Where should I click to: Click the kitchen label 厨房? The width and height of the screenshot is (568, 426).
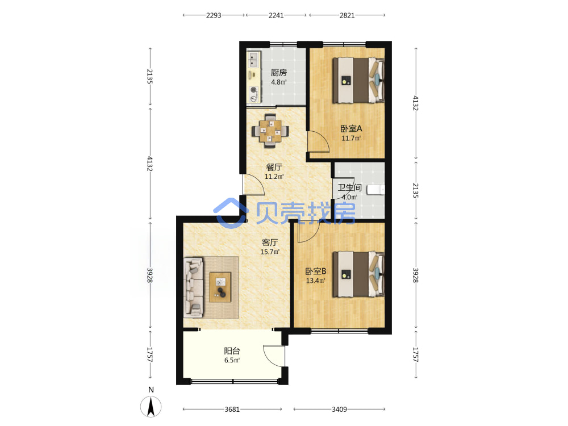(x=278, y=73)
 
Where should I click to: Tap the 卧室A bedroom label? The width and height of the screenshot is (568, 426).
(x=351, y=128)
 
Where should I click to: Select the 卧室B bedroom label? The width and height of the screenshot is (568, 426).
(x=316, y=271)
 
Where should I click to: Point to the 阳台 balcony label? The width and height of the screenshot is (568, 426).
(x=232, y=350)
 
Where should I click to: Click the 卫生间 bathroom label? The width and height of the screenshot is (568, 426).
(x=349, y=187)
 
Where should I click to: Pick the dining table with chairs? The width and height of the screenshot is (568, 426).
(x=270, y=131)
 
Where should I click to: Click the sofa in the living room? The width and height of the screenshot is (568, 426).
(x=193, y=287)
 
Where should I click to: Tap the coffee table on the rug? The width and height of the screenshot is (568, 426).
(x=220, y=287)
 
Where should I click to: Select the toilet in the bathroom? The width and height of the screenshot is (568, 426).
(x=375, y=190)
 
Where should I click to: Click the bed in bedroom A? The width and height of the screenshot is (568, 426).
(x=358, y=80)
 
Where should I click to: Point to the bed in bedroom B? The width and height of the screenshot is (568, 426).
(x=358, y=274)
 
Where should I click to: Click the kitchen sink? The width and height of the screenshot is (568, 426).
(x=254, y=60)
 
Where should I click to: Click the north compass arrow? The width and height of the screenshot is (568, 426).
(x=151, y=407)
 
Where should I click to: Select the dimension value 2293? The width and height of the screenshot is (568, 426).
(x=214, y=15)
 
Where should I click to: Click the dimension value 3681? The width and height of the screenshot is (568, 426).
(x=232, y=410)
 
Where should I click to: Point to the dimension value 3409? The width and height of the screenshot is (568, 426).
(x=340, y=410)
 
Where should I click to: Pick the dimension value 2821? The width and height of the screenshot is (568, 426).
(x=347, y=15)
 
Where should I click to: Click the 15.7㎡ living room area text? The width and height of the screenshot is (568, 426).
(x=270, y=252)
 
